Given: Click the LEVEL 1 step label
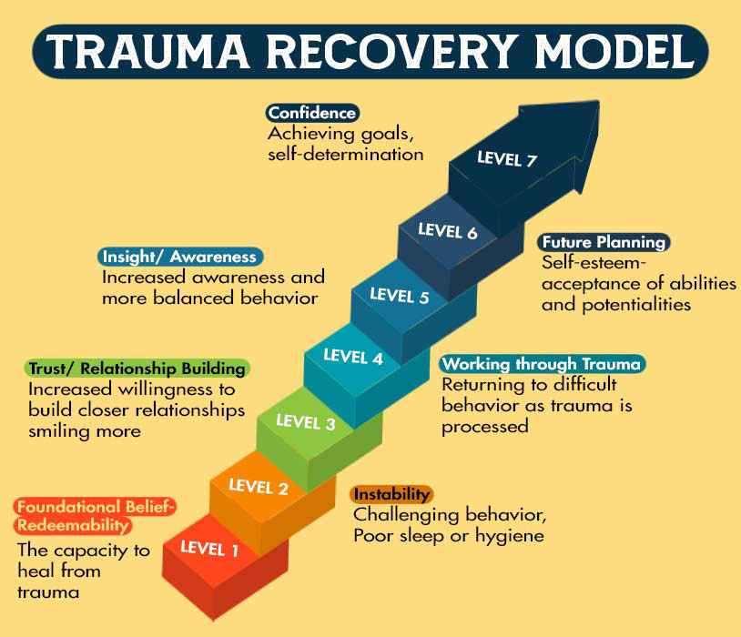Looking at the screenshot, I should point(209,548).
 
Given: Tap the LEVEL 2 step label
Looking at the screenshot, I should point(259,489).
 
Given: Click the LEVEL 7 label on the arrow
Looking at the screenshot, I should point(507,160).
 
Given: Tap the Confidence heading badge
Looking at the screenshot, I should point(312,113).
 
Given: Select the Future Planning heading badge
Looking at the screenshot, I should point(604,242).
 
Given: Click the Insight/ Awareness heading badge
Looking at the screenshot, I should point(179,257).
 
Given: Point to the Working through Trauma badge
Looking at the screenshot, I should point(543,364).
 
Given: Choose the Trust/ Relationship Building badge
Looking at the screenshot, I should point(136,369).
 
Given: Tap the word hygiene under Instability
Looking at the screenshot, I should point(513,535).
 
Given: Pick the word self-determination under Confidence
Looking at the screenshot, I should point(345,154).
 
